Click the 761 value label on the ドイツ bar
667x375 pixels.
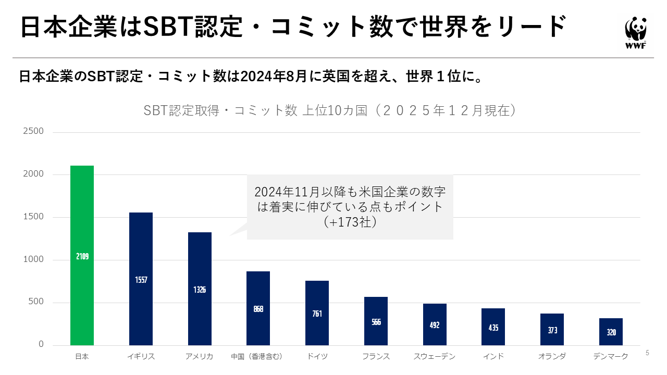(x=317, y=314)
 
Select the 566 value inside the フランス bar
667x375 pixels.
(x=376, y=322)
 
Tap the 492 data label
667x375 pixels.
(x=435, y=325)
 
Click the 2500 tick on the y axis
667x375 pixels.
(x=33, y=131)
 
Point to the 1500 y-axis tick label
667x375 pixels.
(x=33, y=217)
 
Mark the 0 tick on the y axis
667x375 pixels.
(x=41, y=345)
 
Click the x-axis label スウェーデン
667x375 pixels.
(x=435, y=357)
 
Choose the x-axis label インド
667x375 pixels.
(x=493, y=357)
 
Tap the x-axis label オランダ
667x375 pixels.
(x=552, y=357)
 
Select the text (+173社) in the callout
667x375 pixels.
(x=350, y=222)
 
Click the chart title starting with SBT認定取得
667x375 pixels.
(x=330, y=110)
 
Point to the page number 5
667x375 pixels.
(x=648, y=353)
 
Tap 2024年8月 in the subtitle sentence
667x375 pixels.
(x=275, y=77)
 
